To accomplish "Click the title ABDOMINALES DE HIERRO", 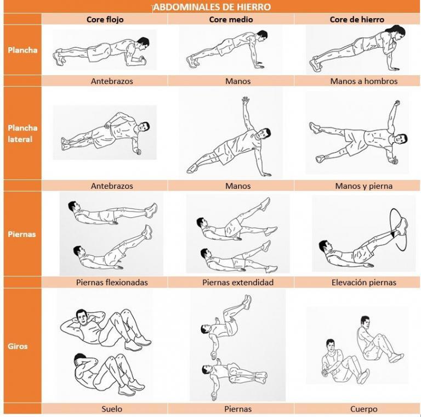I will point(212,7).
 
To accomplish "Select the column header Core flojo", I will point(105,19).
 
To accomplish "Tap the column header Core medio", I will point(231,19).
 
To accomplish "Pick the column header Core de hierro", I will point(357,19).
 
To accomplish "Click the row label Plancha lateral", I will point(22,133).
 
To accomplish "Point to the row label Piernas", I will point(22,234).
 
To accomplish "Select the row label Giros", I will point(18,346).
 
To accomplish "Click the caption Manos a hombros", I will point(364,81).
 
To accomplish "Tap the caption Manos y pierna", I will point(364,185).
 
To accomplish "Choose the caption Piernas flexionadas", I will point(112,283).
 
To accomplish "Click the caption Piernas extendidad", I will point(238,283).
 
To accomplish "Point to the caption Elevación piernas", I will point(364,283).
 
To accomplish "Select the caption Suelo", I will point(112,409).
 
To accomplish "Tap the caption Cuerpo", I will point(364,409).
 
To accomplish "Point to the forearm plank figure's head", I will point(143,42).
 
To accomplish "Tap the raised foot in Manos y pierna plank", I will point(314,127).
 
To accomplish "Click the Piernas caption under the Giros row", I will point(238,409).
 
